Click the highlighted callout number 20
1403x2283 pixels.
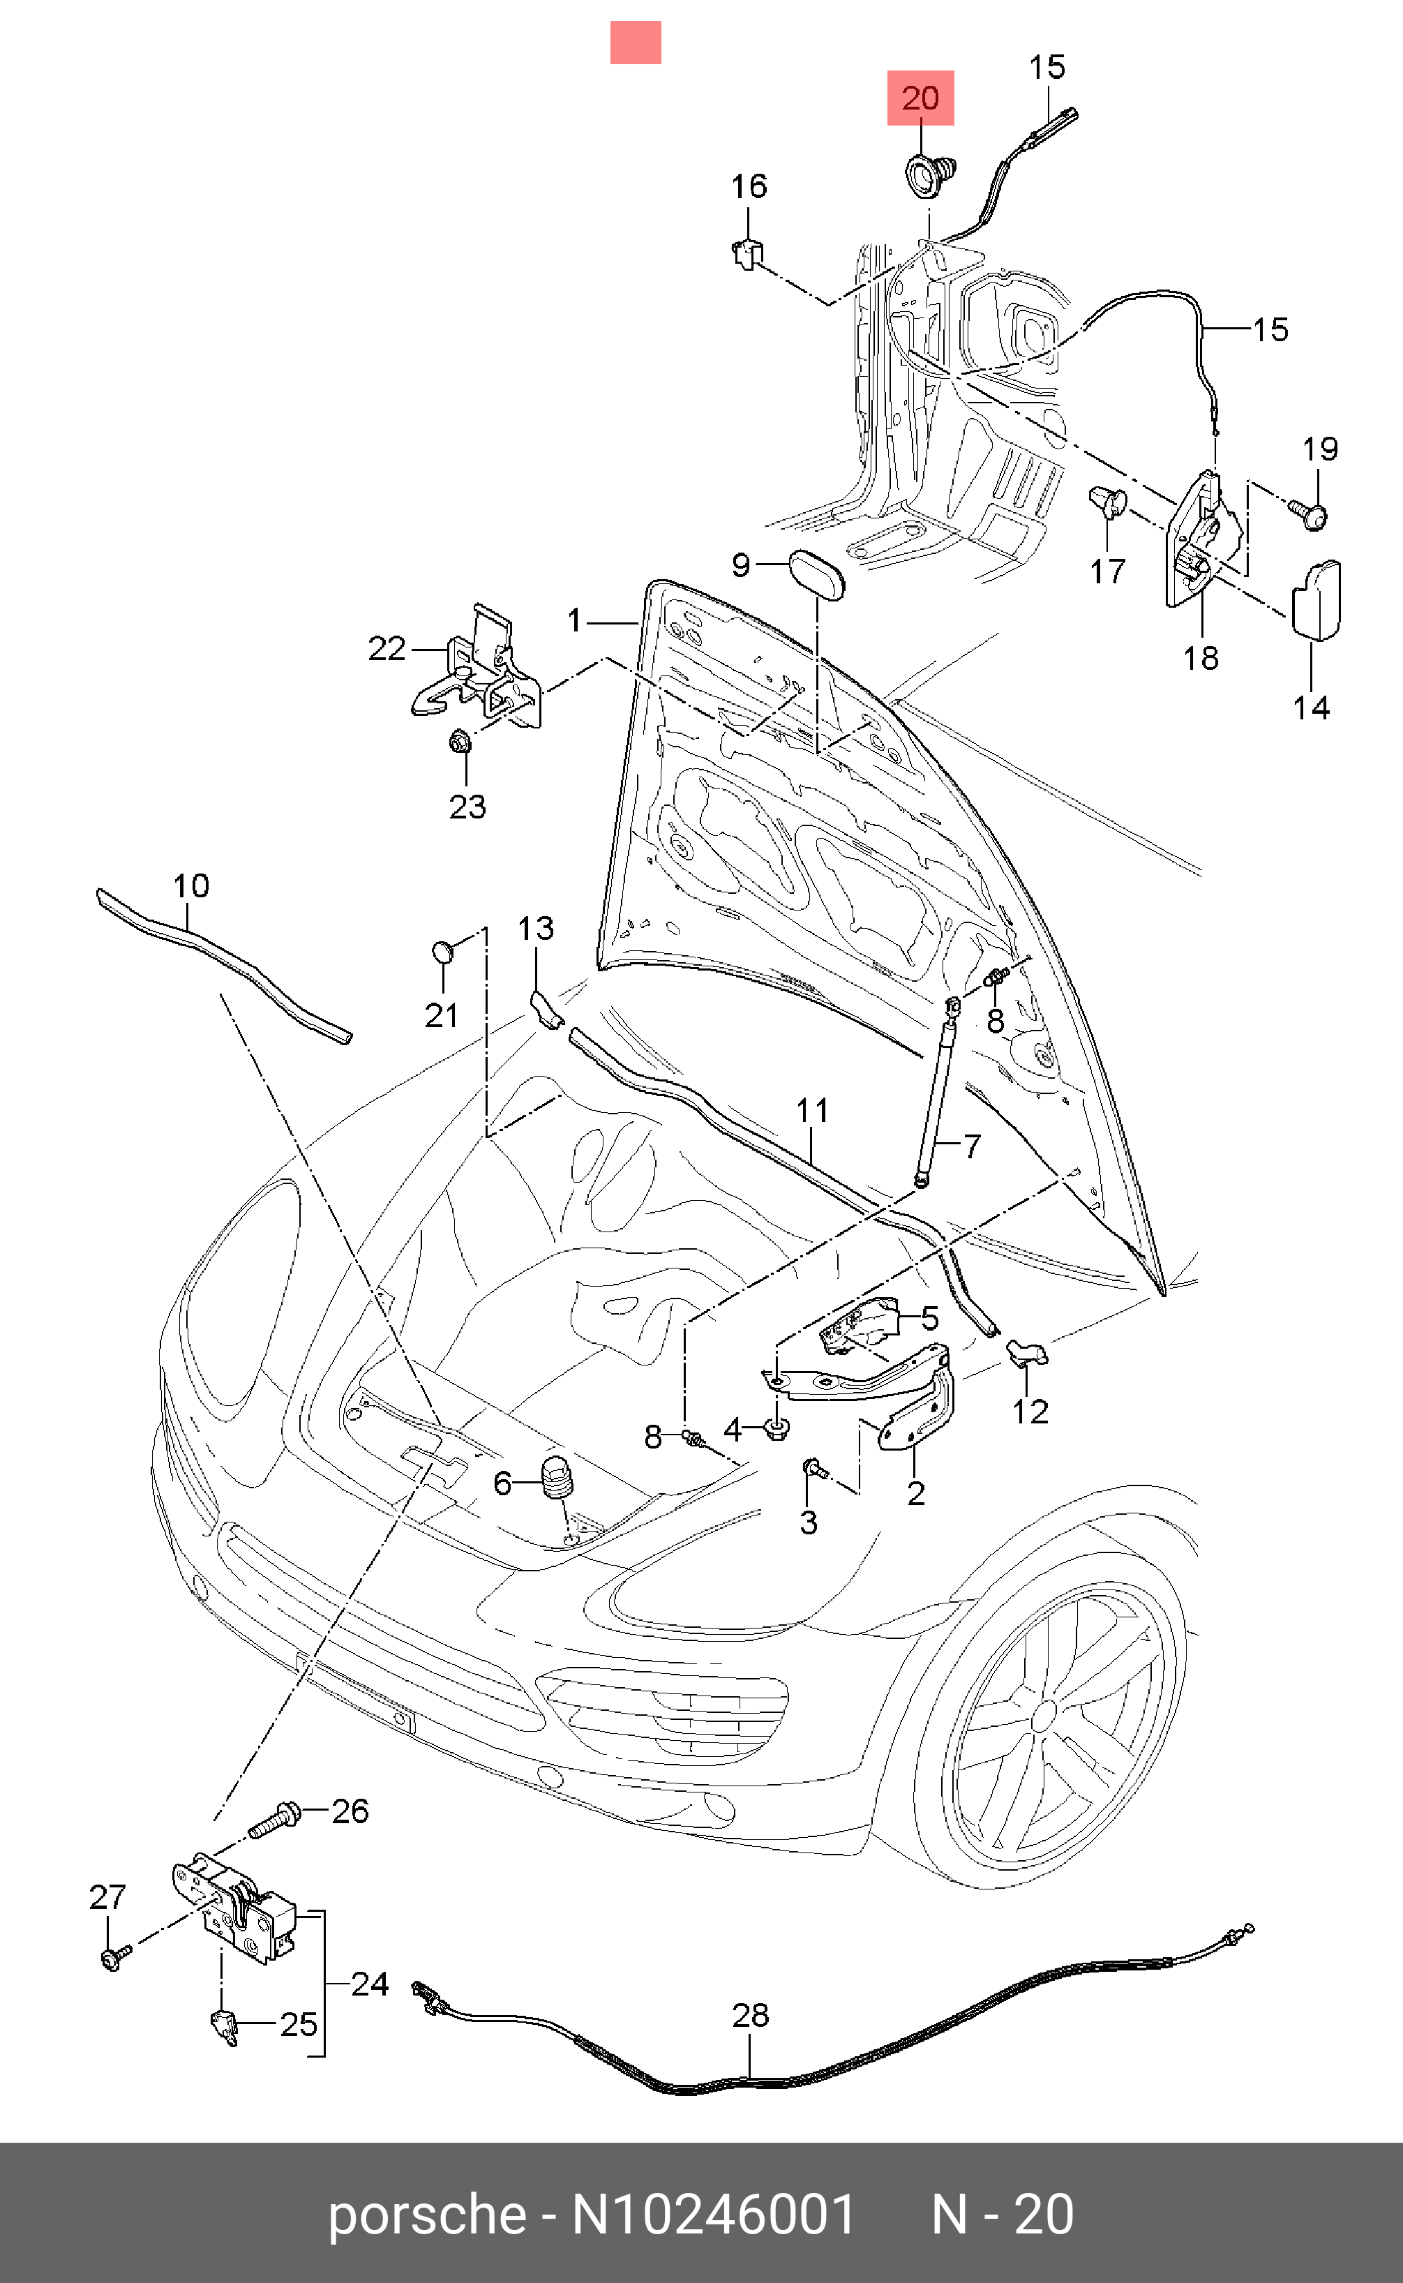pos(920,98)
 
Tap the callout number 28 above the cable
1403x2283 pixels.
pos(750,2015)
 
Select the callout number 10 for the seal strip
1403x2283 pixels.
pos(191,885)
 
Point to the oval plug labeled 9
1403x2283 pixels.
pos(816,576)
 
